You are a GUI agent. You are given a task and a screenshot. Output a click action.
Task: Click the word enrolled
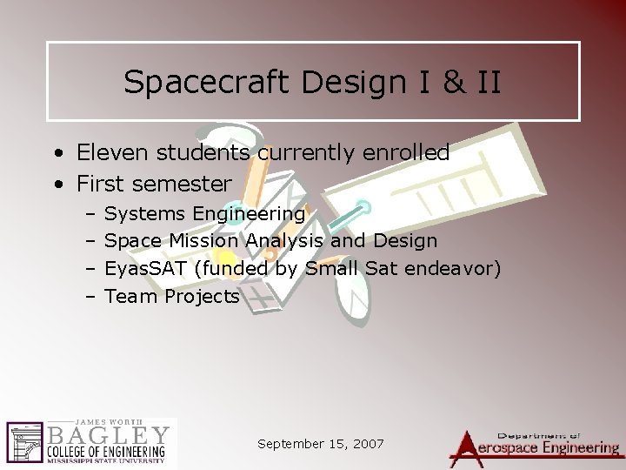(x=407, y=153)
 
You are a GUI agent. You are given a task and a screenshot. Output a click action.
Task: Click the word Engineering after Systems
(x=249, y=213)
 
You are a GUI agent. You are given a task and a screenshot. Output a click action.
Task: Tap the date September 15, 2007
(x=321, y=444)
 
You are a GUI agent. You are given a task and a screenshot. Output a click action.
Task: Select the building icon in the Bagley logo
(x=24, y=443)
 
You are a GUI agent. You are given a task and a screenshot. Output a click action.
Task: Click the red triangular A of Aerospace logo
(x=469, y=446)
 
